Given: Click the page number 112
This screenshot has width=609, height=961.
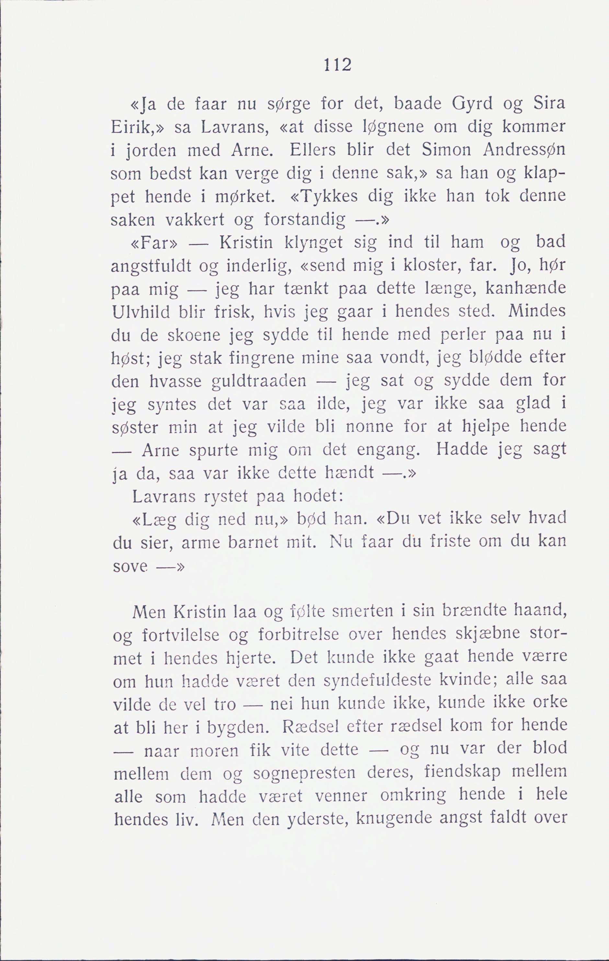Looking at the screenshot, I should [338, 65].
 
